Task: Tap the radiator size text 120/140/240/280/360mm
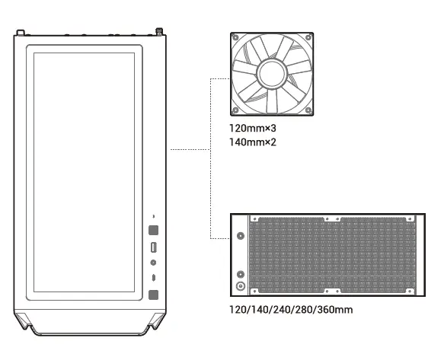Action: tap(291, 311)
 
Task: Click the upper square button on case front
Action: tap(153, 230)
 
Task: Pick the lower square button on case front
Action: tap(153, 295)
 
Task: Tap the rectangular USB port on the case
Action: tap(153, 247)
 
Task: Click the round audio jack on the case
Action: tap(153, 263)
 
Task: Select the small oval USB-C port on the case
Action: tap(153, 278)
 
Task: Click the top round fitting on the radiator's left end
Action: tap(241, 235)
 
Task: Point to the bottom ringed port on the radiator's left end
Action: tap(241, 287)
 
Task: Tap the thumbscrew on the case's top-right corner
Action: tap(160, 32)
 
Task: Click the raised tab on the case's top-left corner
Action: tap(21, 33)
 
